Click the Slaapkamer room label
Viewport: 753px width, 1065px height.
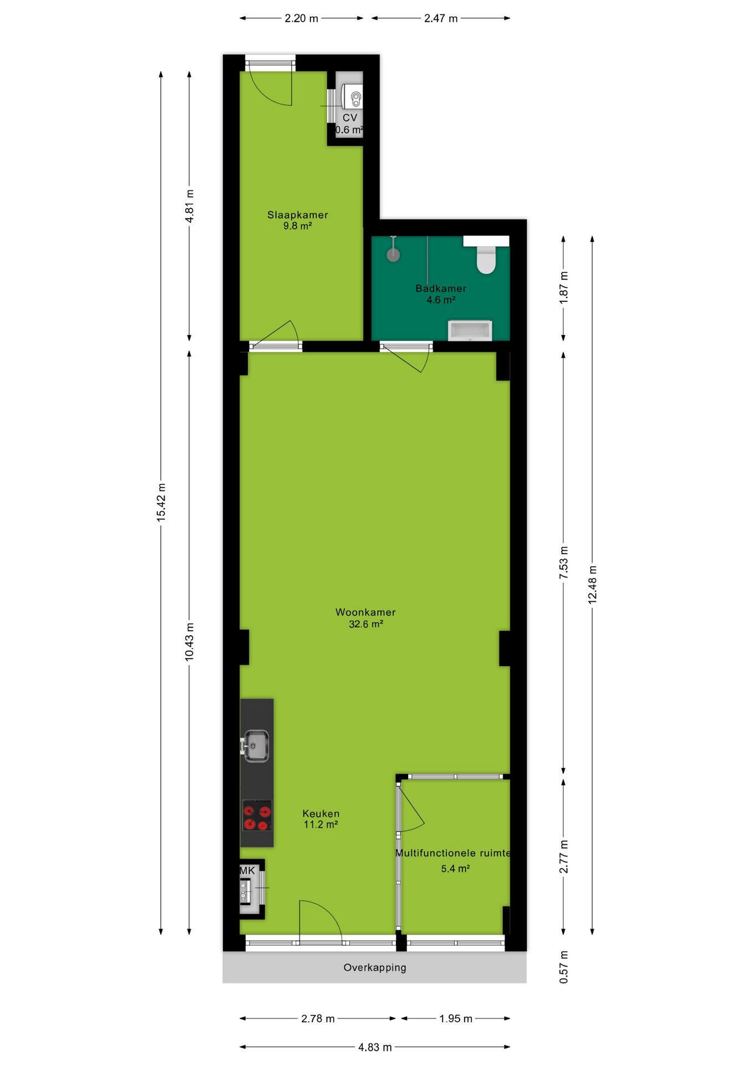pos(298,215)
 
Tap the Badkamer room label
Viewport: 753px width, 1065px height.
pos(441,288)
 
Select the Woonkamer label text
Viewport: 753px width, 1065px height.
pos(365,612)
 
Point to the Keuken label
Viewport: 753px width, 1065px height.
pos(321,813)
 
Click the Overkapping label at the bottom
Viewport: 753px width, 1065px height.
pos(375,967)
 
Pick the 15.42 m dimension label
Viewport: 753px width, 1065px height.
pos(161,502)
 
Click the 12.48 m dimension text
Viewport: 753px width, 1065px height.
pos(593,585)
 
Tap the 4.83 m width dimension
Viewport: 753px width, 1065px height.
pos(375,1047)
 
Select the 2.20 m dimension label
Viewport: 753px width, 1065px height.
pos(302,18)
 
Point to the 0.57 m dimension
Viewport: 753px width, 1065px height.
pos(564,967)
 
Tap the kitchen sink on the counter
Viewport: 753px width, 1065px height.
pos(256,745)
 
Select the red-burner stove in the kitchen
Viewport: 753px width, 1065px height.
pos(257,815)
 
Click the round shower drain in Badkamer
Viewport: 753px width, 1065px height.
pos(393,255)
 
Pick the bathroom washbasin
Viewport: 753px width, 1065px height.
pos(470,330)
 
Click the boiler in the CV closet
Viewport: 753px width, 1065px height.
pos(352,97)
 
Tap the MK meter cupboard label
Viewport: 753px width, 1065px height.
pos(247,871)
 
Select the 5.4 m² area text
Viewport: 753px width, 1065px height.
pos(455,869)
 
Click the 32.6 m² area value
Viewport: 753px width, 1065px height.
pos(366,624)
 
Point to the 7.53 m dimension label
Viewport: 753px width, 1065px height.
pos(564,562)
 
